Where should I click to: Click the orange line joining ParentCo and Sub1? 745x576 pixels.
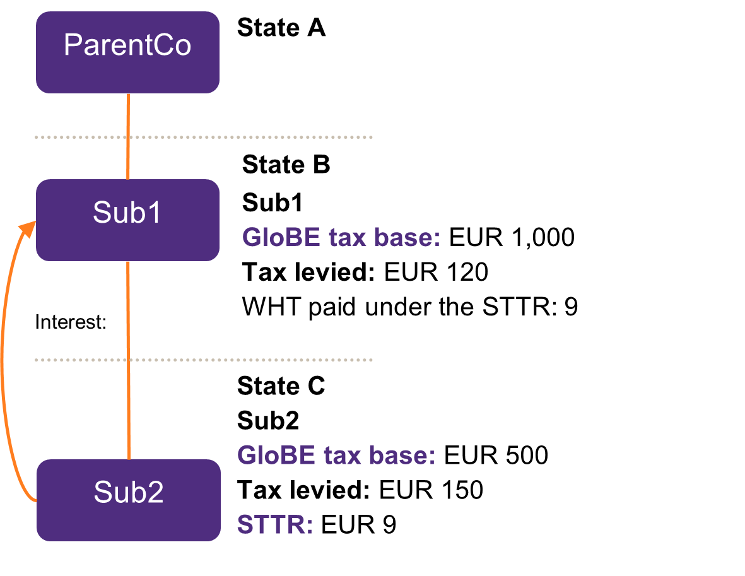[x=128, y=136]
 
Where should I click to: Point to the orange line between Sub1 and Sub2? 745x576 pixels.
[x=128, y=360]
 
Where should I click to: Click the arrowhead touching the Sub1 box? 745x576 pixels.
[x=27, y=228]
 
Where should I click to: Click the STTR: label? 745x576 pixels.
[x=274, y=525]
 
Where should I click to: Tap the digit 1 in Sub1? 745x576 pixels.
[x=154, y=213]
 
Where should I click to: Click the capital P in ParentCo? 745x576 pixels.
[x=71, y=45]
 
